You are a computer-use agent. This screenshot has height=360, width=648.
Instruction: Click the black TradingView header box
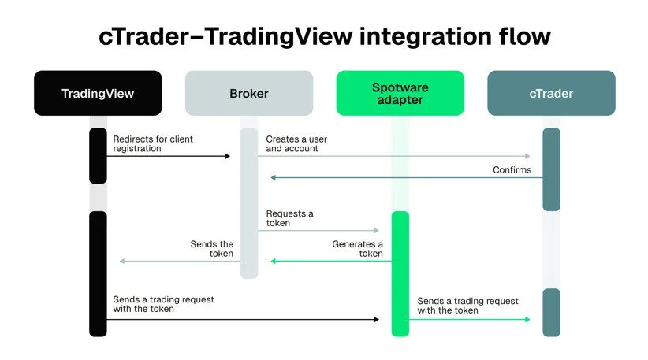click(x=98, y=94)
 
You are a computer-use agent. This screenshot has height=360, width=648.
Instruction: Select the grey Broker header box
click(x=249, y=94)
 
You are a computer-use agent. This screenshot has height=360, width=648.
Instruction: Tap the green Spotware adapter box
click(x=400, y=94)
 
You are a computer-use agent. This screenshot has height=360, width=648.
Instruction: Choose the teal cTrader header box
click(x=551, y=94)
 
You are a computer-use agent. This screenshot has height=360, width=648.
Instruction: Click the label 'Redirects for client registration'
click(x=152, y=143)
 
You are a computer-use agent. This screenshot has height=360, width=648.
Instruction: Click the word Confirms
click(x=512, y=169)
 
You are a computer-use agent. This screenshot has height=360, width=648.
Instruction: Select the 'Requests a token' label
click(x=289, y=218)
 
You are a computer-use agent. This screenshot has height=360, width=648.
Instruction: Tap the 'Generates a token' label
click(x=357, y=249)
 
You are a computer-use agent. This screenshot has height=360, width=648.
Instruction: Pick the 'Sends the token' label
click(x=211, y=249)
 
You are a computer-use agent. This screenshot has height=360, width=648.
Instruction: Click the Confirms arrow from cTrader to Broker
click(x=406, y=178)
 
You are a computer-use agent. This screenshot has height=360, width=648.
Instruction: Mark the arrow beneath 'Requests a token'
click(x=318, y=231)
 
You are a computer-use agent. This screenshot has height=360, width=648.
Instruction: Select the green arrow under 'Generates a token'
click(x=331, y=261)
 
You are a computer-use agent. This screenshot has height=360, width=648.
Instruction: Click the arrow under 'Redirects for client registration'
click(x=168, y=156)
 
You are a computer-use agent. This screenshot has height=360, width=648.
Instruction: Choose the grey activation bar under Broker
click(x=249, y=202)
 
